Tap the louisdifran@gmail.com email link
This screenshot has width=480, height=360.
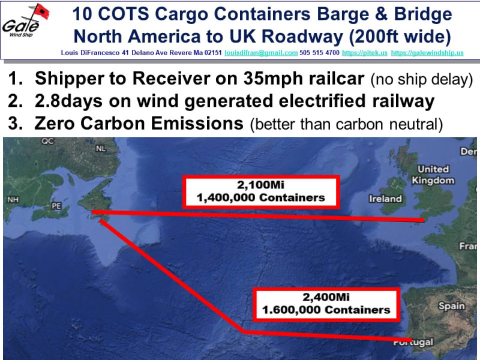261,53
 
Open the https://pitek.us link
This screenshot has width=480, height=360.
365,53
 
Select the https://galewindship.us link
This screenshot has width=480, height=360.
427,53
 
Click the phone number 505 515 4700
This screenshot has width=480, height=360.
319,53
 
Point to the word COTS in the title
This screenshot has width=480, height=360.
124,14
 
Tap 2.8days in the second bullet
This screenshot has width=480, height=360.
68,101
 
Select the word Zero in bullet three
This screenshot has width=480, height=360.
55,124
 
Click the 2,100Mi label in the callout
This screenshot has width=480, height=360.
260,185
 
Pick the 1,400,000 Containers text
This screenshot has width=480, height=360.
260,198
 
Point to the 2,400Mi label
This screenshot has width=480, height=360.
326,297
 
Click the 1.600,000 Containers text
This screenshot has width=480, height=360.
326,310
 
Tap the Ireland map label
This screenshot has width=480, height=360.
385,199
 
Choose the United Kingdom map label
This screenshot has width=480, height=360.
433,175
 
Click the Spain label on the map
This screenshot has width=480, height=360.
452,306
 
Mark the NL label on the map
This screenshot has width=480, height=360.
101,148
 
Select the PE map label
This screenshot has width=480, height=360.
56,206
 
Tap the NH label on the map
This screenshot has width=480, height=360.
13,200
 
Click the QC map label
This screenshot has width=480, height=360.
48,141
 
